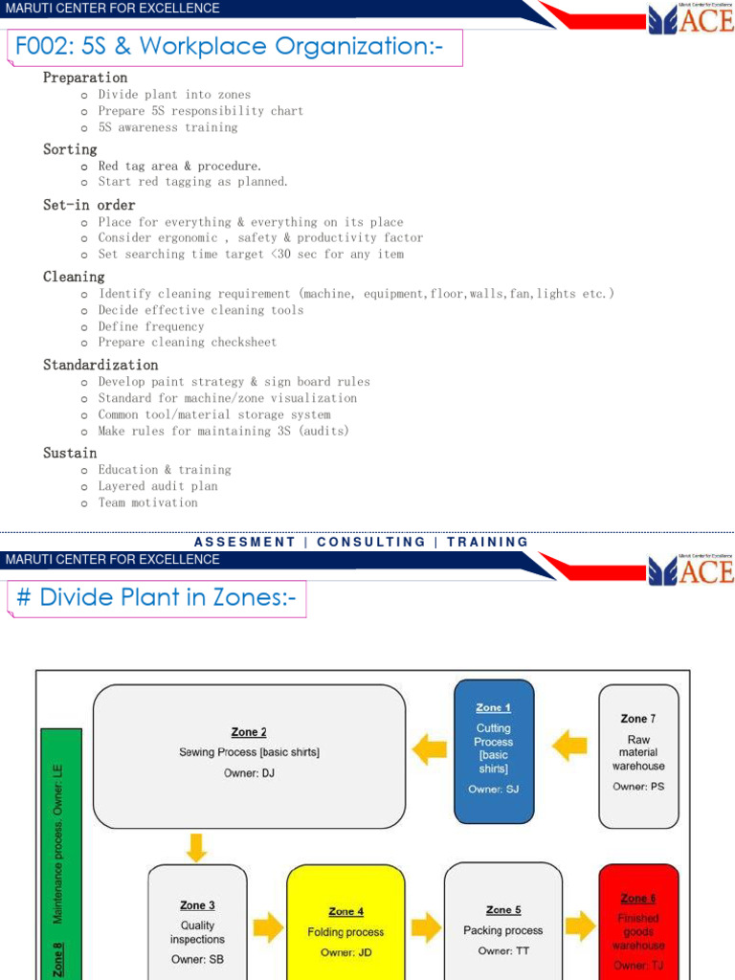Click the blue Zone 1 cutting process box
494,751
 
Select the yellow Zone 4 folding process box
345,923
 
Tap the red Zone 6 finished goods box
638,923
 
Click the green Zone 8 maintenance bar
61,854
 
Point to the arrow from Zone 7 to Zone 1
569,746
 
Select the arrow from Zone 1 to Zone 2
429,748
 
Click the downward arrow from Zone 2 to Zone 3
196,848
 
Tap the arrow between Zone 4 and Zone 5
426,926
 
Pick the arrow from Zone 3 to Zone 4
268,926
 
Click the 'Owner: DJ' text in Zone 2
249,773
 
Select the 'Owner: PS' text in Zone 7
638,787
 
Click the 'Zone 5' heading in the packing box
503,910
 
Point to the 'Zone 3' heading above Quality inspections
197,905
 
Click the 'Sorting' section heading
70,149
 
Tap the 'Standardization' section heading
100,365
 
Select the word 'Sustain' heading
70,453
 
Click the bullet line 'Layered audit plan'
158,486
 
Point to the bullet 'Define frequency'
151,326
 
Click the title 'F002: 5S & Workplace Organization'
229,46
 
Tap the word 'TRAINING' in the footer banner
487,542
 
